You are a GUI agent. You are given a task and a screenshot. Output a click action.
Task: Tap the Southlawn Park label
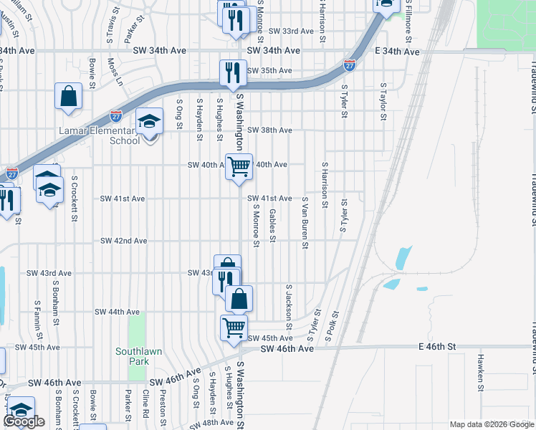click(133, 356)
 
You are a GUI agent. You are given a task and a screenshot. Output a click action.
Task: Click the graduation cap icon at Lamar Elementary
click(149, 122)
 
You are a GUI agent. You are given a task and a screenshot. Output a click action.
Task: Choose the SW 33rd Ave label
click(291, 32)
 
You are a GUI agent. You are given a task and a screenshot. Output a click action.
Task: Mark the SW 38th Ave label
click(269, 130)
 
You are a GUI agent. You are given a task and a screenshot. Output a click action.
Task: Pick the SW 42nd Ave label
click(124, 241)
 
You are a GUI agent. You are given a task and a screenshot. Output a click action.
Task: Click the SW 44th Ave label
click(117, 312)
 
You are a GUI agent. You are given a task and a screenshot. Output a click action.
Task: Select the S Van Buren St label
click(305, 224)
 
